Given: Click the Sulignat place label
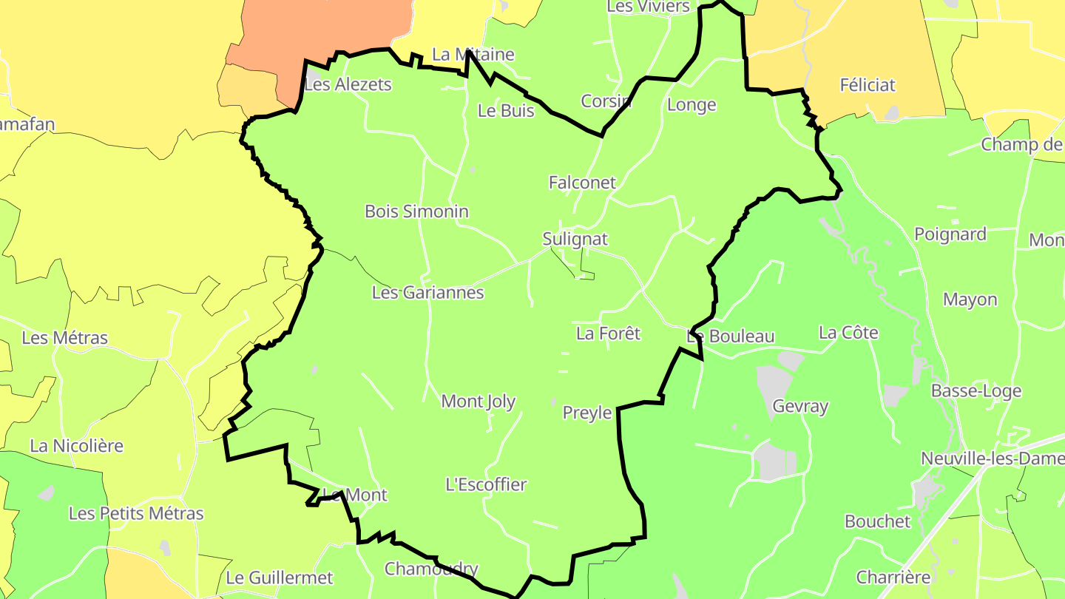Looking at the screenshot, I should (575, 239).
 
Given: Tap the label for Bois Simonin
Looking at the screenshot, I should (416, 211).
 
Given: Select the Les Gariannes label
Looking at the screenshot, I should (427, 292).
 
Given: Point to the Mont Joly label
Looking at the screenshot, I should (478, 402).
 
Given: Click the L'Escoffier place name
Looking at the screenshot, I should (486, 485).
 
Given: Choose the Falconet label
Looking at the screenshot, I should (582, 182).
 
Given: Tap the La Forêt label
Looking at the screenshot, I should (608, 334).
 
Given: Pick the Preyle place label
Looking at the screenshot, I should (587, 413).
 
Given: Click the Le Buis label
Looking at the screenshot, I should (506, 111).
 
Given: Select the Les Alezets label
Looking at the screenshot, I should (348, 84).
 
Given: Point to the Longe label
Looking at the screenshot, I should (692, 104).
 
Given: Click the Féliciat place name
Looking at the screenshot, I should (868, 85).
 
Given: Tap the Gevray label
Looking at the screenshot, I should (800, 406).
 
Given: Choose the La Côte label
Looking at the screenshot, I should (848, 333).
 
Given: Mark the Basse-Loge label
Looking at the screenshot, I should (976, 390).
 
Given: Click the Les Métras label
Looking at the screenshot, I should (65, 338).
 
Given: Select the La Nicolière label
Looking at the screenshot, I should (76, 446).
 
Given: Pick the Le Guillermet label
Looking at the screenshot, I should (280, 578).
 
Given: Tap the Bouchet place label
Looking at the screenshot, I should (878, 521).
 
